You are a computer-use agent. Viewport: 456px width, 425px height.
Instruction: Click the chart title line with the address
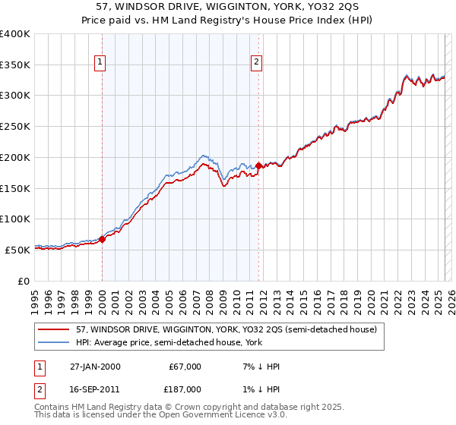[x=227, y=7]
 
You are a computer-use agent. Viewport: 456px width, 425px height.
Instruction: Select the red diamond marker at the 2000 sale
[x=103, y=239]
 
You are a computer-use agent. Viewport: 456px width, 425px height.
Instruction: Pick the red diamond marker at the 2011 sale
[x=259, y=165]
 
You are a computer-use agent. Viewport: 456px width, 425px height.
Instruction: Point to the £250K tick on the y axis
[x=17, y=126]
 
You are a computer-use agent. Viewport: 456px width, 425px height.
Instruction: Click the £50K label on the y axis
[x=17, y=249]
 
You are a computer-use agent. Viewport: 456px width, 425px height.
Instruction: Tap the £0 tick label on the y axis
[x=24, y=280]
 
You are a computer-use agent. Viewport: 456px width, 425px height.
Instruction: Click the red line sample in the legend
[x=54, y=330]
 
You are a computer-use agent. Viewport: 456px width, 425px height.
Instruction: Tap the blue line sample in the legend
[x=54, y=343]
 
